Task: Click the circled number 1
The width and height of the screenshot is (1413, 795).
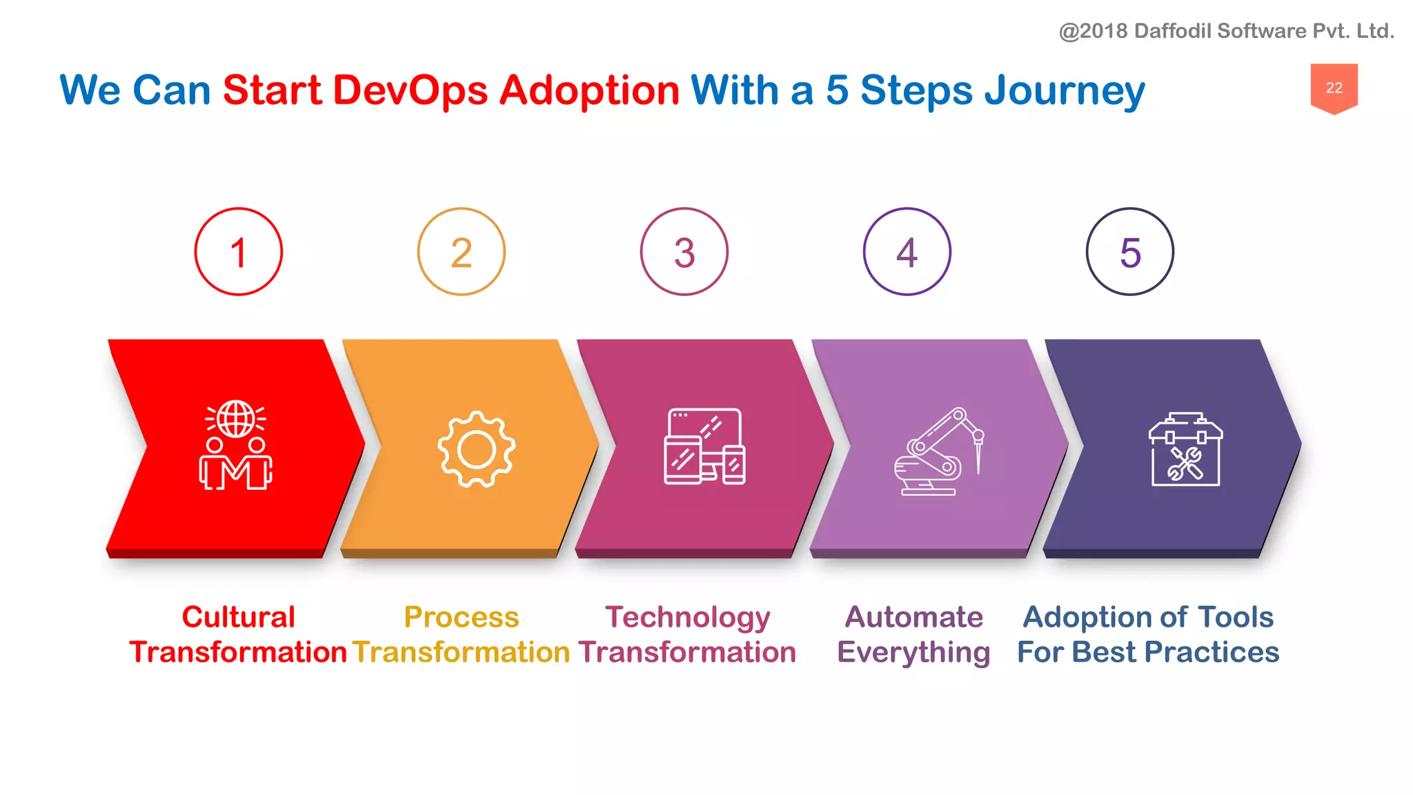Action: point(238,252)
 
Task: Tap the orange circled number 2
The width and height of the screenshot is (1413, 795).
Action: point(461,252)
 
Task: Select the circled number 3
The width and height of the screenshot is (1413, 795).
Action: point(684,252)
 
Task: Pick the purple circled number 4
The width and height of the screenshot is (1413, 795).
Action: point(907,252)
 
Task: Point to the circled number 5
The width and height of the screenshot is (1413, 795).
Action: point(1129,252)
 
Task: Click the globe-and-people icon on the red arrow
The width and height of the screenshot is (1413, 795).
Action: point(236,445)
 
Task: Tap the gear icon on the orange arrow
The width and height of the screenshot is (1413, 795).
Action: point(476,449)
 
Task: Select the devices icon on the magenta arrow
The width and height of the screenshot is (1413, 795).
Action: point(704,446)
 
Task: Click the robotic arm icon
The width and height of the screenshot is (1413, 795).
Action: point(938,451)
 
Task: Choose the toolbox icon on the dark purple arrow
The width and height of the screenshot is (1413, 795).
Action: point(1185,449)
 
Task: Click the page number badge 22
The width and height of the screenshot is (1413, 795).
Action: point(1334,88)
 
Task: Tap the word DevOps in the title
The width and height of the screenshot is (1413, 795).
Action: point(410,90)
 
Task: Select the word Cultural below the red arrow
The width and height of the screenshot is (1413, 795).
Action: point(238,617)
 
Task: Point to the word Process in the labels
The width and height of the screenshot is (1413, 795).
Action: point(461,617)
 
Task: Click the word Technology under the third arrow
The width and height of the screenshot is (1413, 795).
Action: point(687,618)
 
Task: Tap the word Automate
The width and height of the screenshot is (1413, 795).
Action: point(913,617)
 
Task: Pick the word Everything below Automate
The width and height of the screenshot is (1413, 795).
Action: point(913,653)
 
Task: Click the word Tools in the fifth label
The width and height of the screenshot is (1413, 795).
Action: point(1236,617)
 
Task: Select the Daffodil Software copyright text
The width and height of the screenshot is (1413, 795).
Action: point(1226,31)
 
